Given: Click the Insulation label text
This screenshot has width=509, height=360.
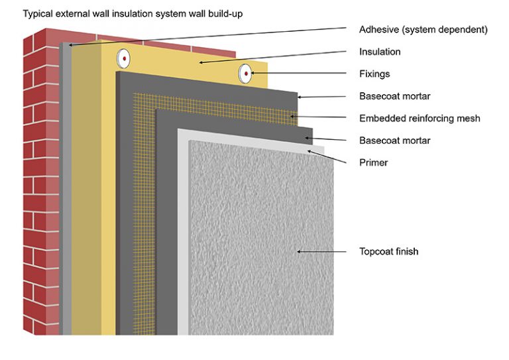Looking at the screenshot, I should click(x=379, y=52).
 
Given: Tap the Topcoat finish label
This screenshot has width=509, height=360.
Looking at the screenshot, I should click(x=388, y=251).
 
